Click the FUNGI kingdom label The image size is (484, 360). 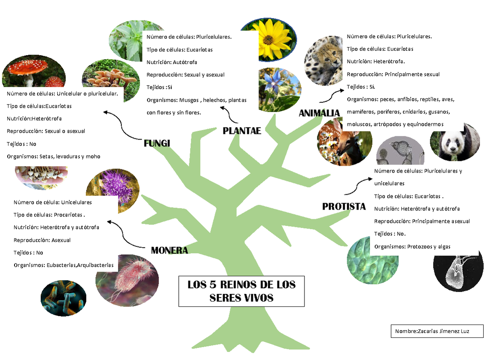coord(157,143)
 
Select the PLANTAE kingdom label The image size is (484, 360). coord(242,131)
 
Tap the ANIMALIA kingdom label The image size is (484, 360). coord(319,113)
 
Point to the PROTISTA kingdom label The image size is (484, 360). coord(344,206)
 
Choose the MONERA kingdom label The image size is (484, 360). coord(169,250)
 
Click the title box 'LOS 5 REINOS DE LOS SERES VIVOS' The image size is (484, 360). coord(241,291)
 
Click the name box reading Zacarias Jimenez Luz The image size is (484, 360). coord(437,331)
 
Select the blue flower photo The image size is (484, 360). coord(280,90)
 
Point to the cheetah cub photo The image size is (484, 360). coord(323,60)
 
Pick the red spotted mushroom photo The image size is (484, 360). coord(34,71)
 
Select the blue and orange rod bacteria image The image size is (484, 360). coord(63,298)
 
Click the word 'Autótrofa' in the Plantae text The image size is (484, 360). coord(185,62)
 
